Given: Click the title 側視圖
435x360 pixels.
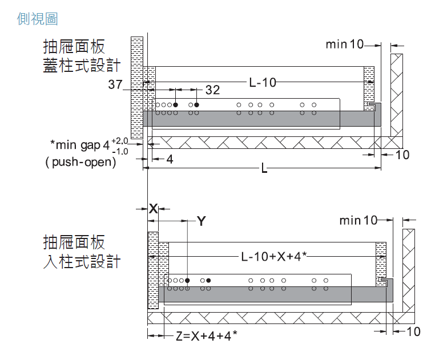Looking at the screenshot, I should [x=38, y=19].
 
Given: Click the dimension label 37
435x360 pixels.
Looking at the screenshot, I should [x=116, y=86].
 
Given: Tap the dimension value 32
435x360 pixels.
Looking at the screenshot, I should [x=212, y=90].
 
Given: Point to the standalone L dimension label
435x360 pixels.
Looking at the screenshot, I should [x=264, y=169].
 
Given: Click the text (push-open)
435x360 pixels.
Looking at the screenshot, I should [x=80, y=162].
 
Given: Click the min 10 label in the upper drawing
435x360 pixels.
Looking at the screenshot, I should [x=344, y=45].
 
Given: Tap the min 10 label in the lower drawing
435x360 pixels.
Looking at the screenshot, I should [x=358, y=220].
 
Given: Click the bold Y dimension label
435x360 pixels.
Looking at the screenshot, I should [x=200, y=221].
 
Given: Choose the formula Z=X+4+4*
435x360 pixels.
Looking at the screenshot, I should [x=206, y=336].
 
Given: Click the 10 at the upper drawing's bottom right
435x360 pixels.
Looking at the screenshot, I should [x=402, y=155].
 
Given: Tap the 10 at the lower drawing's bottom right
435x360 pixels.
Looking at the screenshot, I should [x=413, y=331].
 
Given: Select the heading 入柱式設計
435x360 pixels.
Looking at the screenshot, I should [x=82, y=261].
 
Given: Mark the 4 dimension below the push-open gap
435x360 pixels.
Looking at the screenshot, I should [x=170, y=159].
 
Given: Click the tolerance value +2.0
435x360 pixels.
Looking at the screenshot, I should [x=120, y=140].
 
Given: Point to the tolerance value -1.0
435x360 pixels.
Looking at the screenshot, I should [x=120, y=152].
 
